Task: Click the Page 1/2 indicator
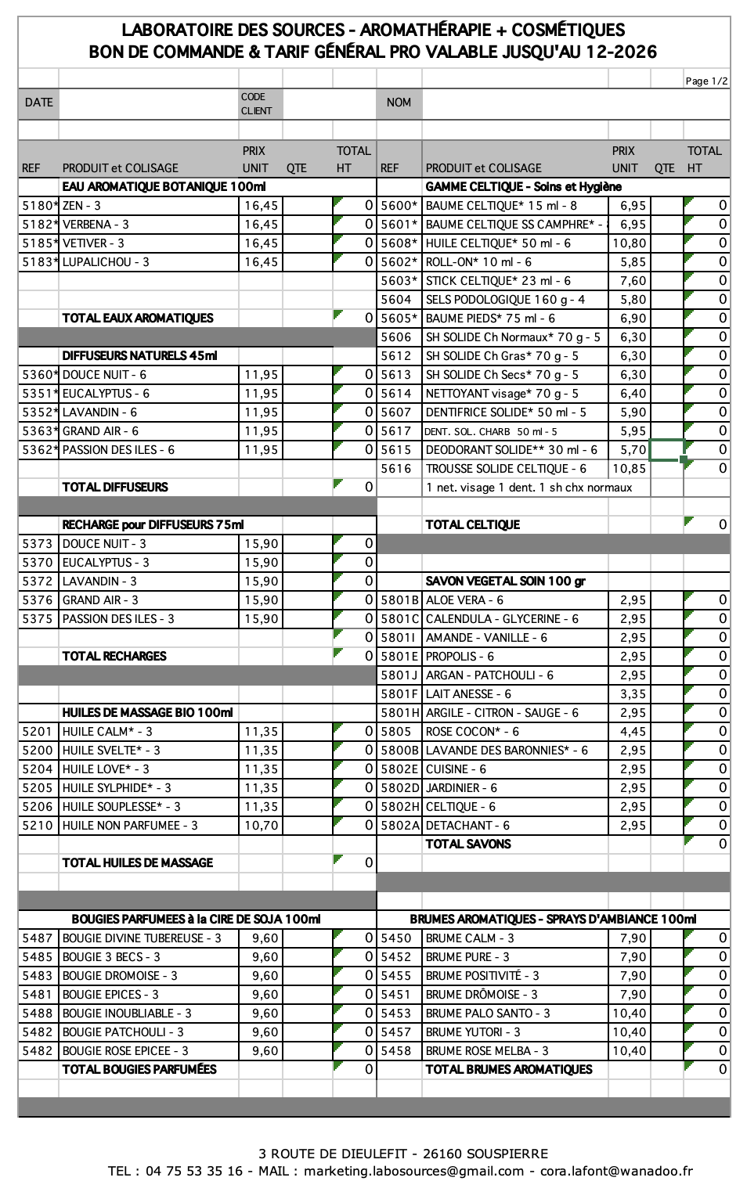tap(706, 81)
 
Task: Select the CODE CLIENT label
tap(256, 103)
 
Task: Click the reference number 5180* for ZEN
tap(39, 206)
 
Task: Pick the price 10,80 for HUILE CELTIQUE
tap(630, 243)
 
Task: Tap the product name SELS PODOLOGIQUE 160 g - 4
tap(505, 300)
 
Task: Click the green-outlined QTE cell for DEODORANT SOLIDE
tap(666, 450)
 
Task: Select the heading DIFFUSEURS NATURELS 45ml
tap(139, 356)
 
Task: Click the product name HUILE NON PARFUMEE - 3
tap(130, 826)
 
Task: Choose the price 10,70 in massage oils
tap(261, 826)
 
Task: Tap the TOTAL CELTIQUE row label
tap(472, 525)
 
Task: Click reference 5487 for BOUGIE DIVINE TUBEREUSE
tap(38, 938)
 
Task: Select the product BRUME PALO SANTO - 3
tap(487, 1014)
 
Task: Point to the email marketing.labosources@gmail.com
tap(413, 1172)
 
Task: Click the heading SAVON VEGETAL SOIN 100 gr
tap(505, 581)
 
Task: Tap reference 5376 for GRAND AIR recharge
tap(38, 600)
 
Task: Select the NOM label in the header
tap(399, 103)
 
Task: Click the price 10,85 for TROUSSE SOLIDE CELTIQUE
tap(630, 469)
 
